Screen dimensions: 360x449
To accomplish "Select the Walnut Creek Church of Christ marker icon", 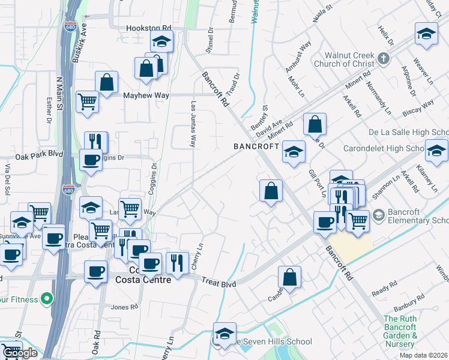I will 385,59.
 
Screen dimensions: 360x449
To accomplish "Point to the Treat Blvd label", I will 218,281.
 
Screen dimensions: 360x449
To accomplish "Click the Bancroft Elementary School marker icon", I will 378,214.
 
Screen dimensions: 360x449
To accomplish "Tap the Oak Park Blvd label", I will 40,154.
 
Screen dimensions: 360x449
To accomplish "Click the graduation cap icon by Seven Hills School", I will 224,333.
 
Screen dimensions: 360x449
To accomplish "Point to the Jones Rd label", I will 124,307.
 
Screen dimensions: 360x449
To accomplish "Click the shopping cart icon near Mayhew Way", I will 88,101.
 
